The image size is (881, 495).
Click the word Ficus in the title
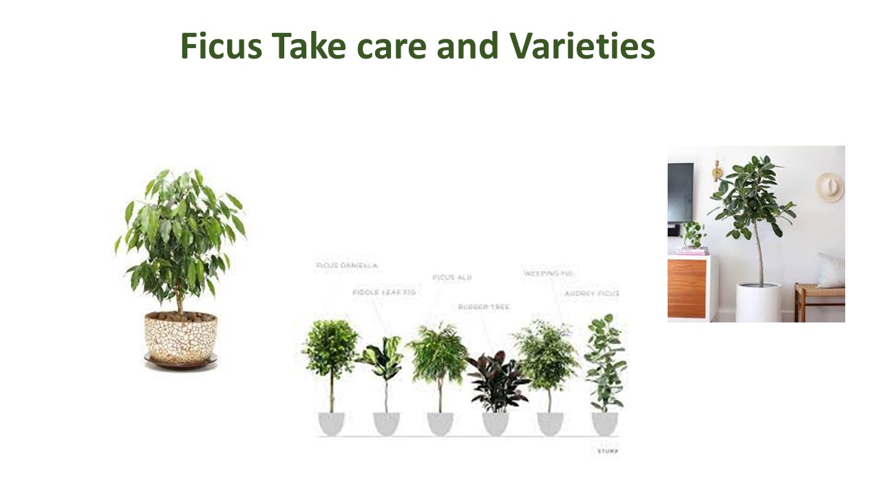point(222,47)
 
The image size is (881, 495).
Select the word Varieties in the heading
point(582,47)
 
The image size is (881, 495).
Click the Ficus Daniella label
point(347,265)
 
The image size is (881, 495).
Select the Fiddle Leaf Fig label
point(385,292)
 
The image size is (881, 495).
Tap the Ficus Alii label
point(452,278)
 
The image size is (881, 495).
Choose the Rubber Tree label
point(484,307)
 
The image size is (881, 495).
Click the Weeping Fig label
point(549,273)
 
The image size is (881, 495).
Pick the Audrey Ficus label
point(591,294)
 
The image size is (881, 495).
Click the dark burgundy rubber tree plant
point(496,382)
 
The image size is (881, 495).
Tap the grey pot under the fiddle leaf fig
point(386,423)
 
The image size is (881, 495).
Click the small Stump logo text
point(607,451)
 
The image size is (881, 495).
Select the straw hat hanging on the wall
point(830,186)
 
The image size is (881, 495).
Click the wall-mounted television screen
point(680,192)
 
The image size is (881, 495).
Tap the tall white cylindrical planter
point(758,302)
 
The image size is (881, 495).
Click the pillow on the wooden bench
point(831,271)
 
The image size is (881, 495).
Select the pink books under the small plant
point(691,251)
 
